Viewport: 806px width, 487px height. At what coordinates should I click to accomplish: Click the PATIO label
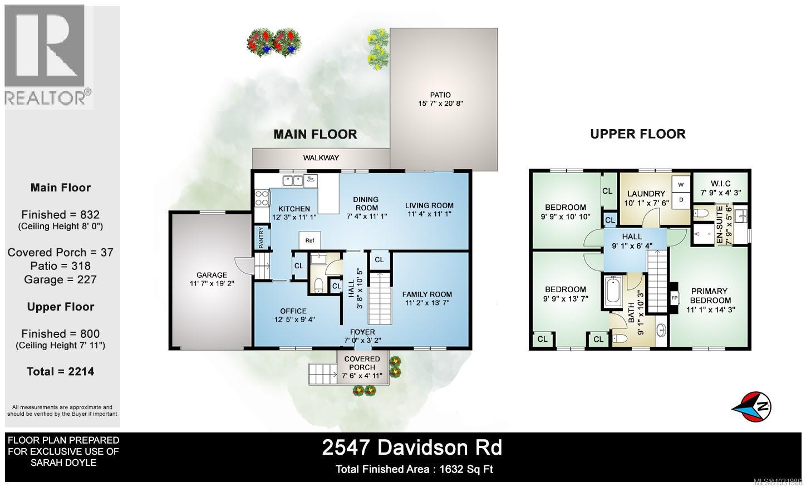440,95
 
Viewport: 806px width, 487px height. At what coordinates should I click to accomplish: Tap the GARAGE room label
212,275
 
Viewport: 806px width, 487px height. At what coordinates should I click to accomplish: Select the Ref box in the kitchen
309,240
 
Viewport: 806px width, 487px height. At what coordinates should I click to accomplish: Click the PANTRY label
261,238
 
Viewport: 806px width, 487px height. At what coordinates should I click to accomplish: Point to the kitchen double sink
293,180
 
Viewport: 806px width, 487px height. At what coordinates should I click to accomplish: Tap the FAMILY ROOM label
427,294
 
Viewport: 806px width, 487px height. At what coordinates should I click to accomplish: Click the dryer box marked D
680,200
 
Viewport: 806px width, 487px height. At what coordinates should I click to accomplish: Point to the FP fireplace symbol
674,297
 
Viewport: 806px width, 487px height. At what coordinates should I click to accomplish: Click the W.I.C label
720,184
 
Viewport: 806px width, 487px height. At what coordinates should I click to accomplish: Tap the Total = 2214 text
60,371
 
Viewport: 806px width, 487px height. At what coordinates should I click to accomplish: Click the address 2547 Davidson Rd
412,447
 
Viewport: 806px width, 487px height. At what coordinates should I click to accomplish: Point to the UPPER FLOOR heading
637,134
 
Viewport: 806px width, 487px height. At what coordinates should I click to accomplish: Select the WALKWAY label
321,158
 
